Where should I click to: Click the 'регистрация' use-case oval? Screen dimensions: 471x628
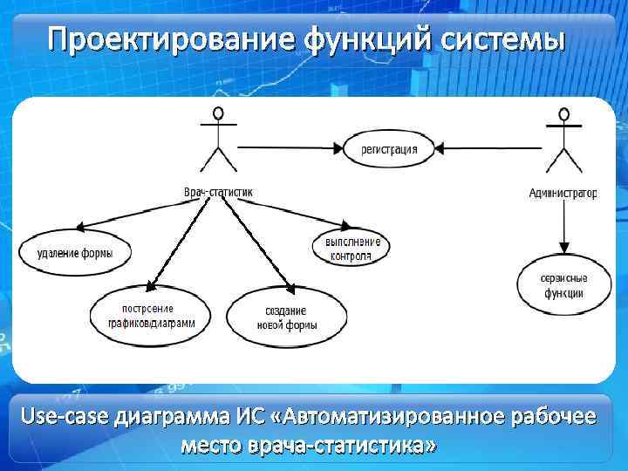pyautogui.click(x=389, y=149)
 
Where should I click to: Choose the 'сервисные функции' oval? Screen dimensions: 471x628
pyautogui.click(x=563, y=286)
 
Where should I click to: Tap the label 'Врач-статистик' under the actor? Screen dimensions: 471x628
pyautogui.click(x=217, y=192)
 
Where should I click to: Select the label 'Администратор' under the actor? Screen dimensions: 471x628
pyautogui.click(x=563, y=193)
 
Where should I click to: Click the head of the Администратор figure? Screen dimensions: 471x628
pyautogui.click(x=563, y=113)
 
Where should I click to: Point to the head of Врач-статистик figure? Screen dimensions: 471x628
pyautogui.click(x=217, y=113)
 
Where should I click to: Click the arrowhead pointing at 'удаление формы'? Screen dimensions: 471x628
pyautogui.click(x=80, y=229)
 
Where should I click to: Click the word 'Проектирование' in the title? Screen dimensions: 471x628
pyautogui.click(x=170, y=40)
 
